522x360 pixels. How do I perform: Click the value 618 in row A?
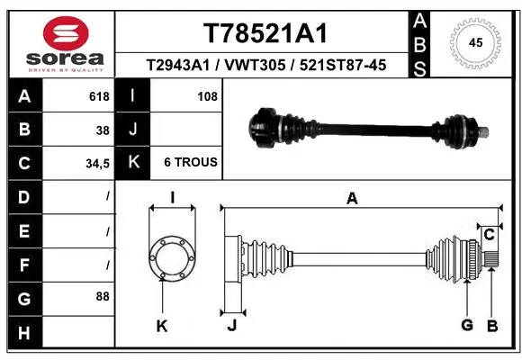coord(99,96)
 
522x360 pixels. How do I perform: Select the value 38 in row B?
coord(103,129)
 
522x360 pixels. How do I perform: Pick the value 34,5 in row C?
coord(97,163)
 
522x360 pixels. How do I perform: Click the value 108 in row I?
coord(207,96)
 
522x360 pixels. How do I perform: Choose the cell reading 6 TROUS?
coord(190,163)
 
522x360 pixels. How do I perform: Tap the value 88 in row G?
coord(103,296)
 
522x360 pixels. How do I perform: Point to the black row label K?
coord(133,163)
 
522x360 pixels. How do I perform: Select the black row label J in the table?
coord(133,129)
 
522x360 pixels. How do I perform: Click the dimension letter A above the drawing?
coord(352,199)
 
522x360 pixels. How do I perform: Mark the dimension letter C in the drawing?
coord(489,236)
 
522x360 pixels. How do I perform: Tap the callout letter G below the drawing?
coord(467,325)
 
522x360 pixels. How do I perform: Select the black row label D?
coord(23,196)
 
